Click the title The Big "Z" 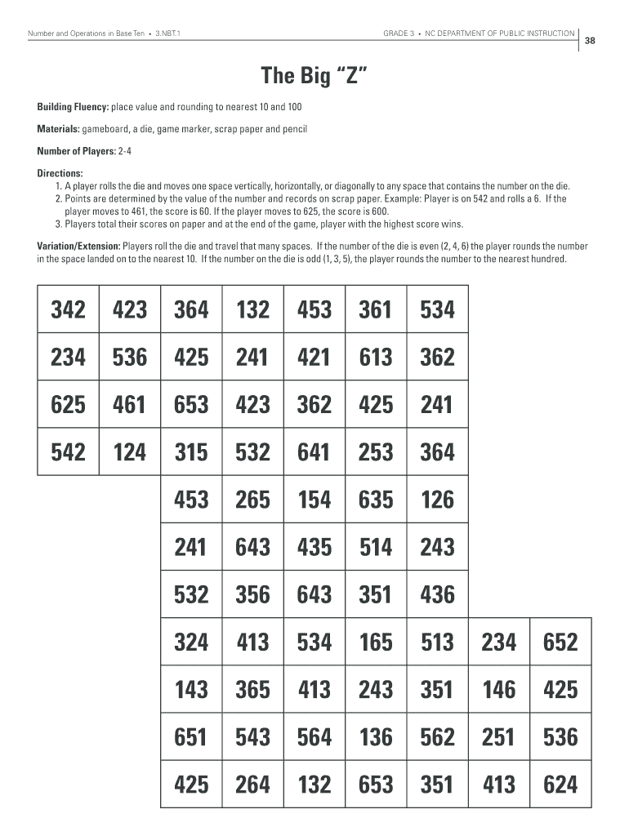314,78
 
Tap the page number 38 589,42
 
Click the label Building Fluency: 73,107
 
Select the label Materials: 58,129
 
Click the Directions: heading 60,173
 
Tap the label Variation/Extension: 78,246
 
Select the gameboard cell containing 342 69,309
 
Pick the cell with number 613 376,357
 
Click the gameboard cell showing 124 130,451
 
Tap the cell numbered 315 191,451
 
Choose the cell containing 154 314,499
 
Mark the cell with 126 437,499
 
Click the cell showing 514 376,546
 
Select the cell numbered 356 252,594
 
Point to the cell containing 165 376,642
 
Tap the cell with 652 560,642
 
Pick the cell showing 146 499,690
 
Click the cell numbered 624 560,785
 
